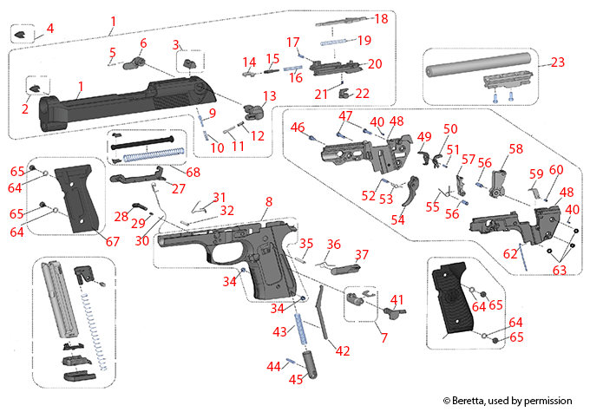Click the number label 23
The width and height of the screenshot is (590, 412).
(557, 62)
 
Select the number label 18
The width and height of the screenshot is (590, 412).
(381, 18)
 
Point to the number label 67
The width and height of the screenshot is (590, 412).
(110, 240)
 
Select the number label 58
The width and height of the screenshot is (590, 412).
(515, 149)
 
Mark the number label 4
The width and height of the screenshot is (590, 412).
(49, 28)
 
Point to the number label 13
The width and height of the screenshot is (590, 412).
(270, 95)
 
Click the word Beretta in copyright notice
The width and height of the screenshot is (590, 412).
(477, 400)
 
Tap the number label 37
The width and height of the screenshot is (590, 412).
(361, 255)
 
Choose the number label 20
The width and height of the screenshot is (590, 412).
(375, 64)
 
